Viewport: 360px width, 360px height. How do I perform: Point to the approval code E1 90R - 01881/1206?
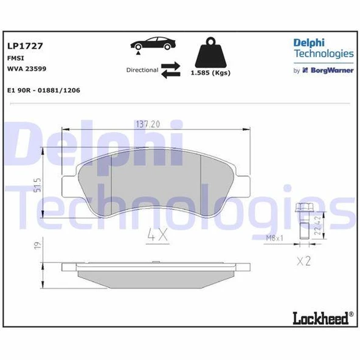(x=43, y=90)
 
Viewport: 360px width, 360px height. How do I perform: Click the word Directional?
(x=142, y=70)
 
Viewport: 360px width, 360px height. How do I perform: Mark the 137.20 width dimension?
(x=147, y=124)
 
